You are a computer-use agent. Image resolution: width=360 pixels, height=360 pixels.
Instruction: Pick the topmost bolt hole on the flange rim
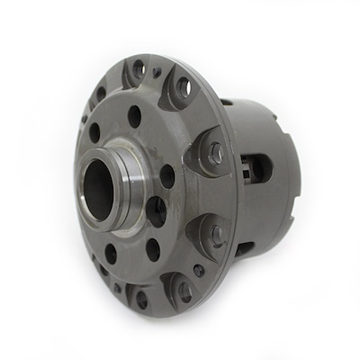tap(138, 68)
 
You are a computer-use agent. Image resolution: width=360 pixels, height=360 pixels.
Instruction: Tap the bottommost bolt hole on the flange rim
tap(142, 301)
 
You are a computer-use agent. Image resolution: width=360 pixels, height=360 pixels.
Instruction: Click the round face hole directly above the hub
tap(135, 114)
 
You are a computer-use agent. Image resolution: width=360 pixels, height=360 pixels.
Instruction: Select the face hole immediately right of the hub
tap(166, 174)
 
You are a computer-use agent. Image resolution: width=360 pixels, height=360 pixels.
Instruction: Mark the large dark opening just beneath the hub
tap(155, 212)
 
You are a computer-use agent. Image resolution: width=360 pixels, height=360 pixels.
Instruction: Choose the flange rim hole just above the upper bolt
tap(183, 86)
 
